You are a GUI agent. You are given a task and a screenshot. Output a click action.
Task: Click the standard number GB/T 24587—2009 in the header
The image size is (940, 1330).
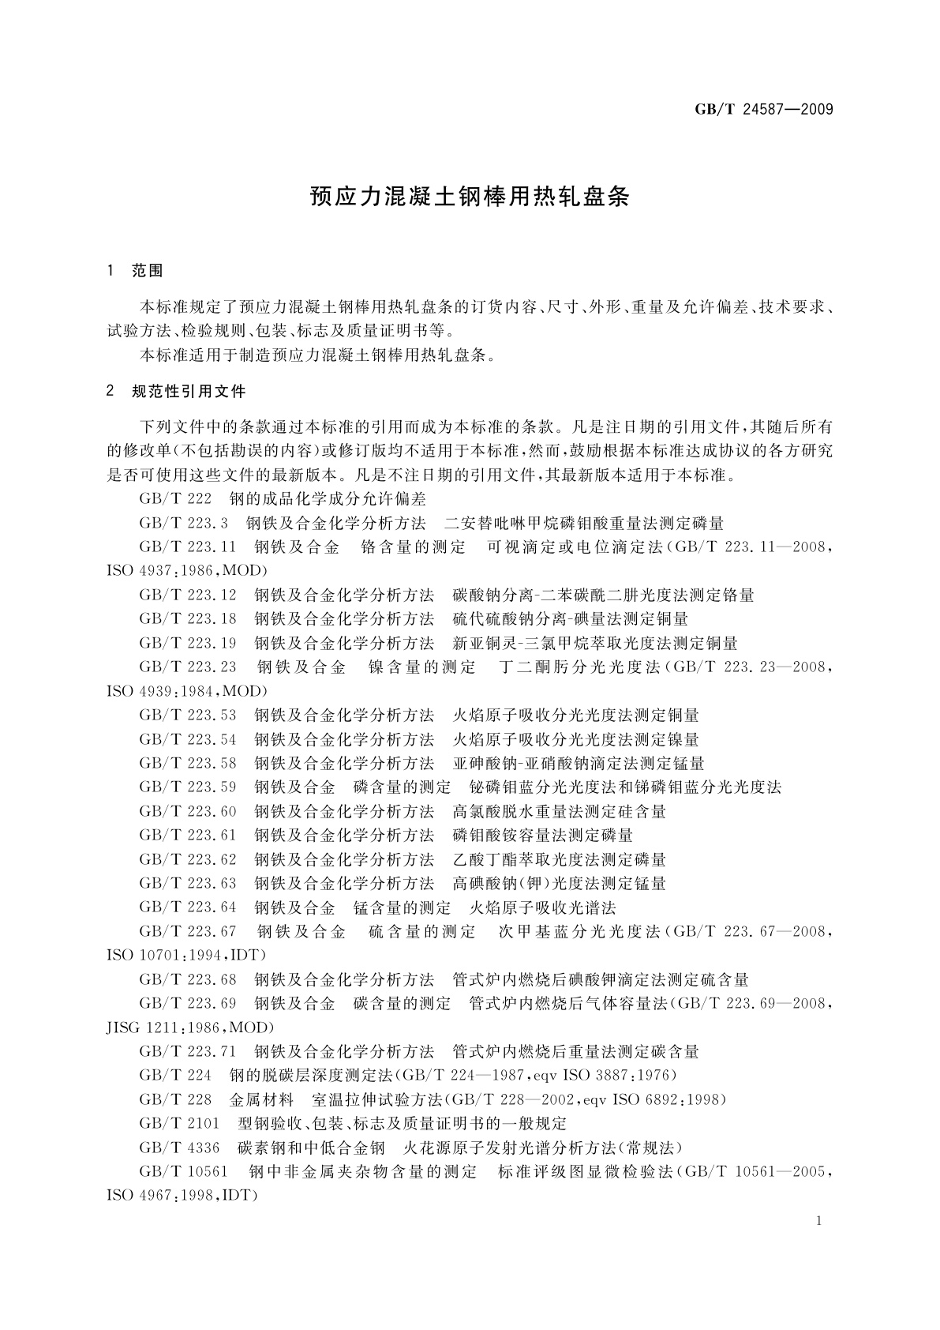point(764,109)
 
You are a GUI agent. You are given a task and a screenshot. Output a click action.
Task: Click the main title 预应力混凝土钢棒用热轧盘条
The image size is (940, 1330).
point(470,197)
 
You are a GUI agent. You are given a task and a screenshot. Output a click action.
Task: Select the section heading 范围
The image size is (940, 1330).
point(148,271)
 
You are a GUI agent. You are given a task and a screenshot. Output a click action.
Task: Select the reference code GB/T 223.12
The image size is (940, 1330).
point(188,595)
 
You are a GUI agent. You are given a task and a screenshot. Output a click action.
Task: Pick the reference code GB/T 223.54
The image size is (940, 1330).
point(188,739)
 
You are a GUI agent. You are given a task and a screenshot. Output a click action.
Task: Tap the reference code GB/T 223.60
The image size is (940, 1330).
point(188,811)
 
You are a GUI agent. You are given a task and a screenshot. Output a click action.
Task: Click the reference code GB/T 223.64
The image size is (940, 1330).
point(188,907)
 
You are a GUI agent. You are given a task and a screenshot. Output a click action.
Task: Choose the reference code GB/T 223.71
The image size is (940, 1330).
point(188,1051)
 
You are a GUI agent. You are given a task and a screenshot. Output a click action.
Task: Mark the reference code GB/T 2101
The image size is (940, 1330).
point(179,1123)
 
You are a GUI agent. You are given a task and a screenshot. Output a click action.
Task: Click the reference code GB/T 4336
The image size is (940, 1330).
point(179,1148)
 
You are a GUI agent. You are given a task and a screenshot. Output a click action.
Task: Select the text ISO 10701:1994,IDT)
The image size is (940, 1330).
point(186,956)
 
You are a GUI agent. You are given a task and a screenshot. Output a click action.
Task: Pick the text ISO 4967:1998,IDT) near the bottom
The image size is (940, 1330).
point(182,1196)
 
